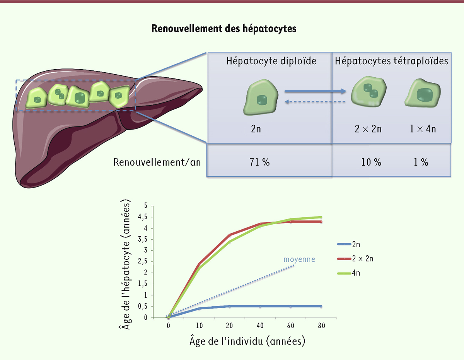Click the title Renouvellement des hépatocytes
point(224,29)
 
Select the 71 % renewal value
point(259,162)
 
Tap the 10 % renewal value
point(371,162)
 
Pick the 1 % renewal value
point(421,162)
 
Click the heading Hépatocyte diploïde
point(271,61)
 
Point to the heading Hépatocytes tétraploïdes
point(391,61)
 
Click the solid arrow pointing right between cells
point(315,91)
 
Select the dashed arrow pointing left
point(315,102)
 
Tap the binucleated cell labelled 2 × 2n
point(369,91)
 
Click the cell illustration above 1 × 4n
point(423,93)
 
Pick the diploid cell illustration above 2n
point(261,97)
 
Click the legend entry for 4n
point(349,273)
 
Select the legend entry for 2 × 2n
point(355,259)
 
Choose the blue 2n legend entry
point(349,244)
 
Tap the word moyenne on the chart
point(299,259)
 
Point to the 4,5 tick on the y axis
point(143,217)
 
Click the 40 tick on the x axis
point(260,326)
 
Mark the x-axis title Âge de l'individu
point(247,341)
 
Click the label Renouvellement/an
point(157,162)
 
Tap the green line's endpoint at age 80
point(321,217)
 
